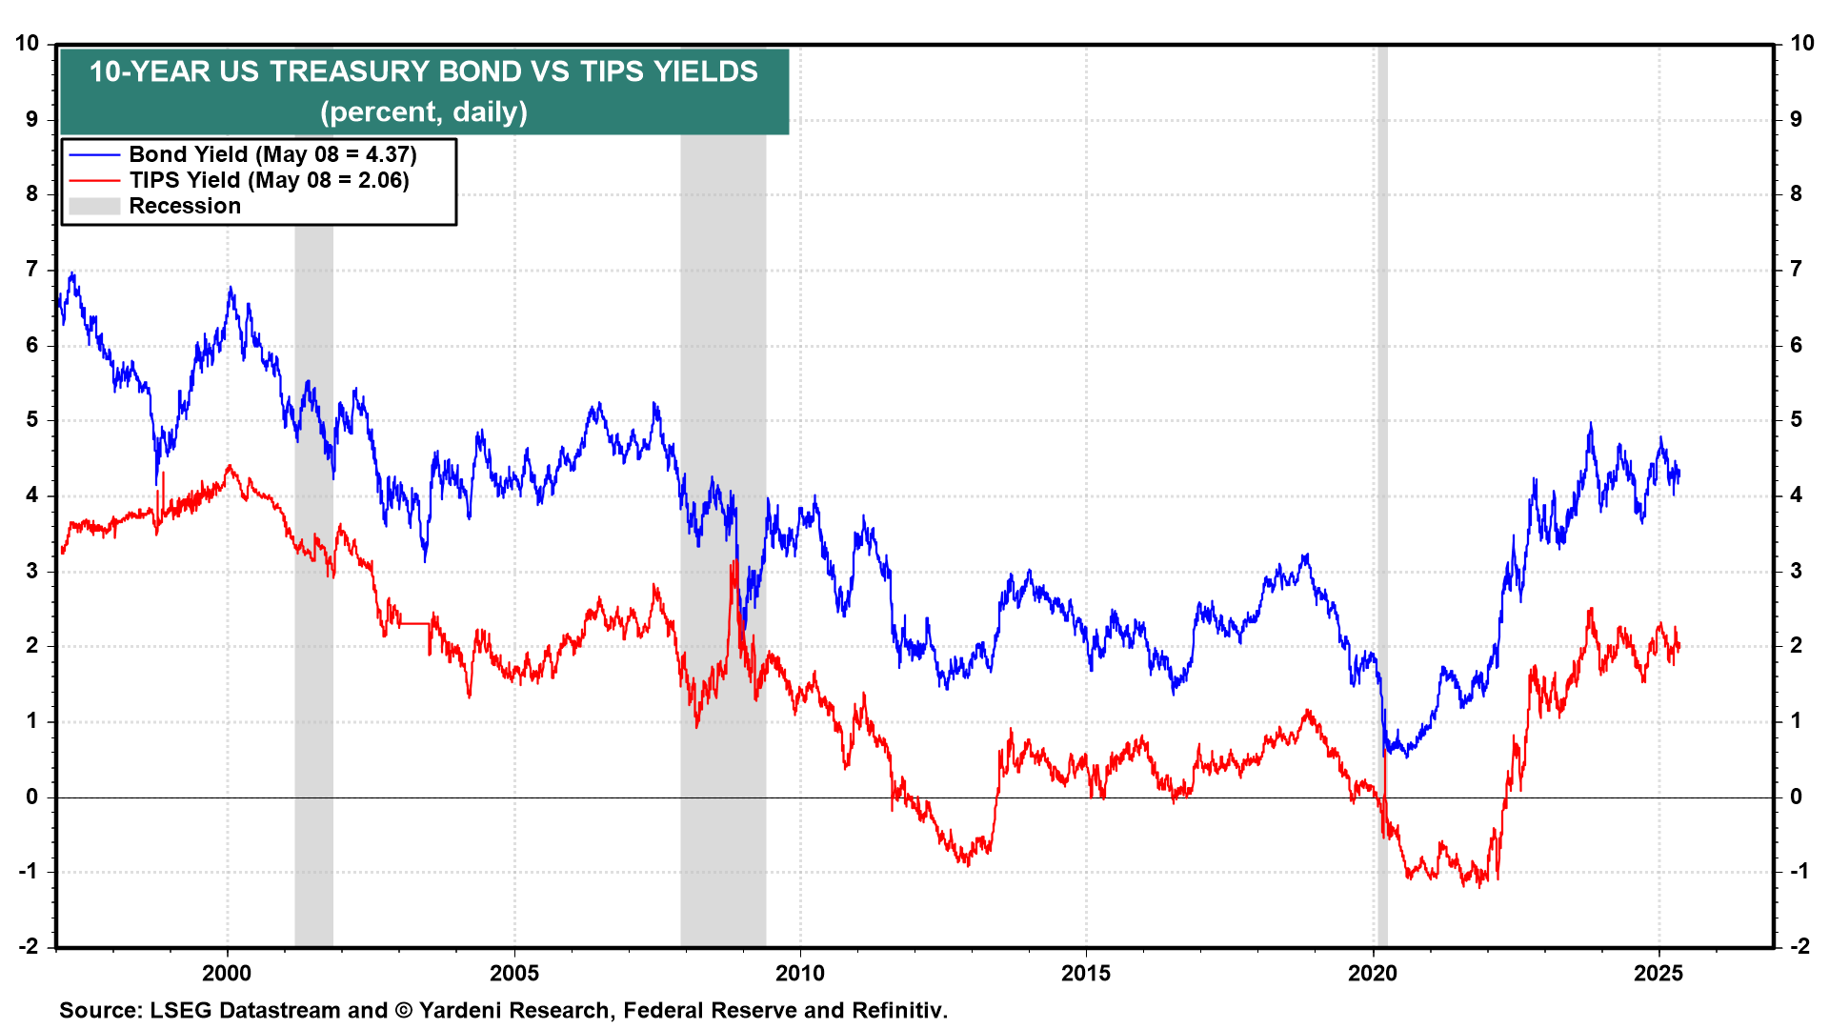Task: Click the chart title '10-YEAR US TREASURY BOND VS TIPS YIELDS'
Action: coord(424,72)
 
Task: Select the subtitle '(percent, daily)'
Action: coord(424,112)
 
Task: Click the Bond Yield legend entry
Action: coord(272,154)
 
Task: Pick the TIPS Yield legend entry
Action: coord(269,180)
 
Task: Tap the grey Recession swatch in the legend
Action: coord(94,206)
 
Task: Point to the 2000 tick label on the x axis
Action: coord(227,973)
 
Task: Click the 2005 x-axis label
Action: coord(514,973)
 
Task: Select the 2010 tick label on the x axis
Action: coord(800,973)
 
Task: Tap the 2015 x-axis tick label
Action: coord(1086,973)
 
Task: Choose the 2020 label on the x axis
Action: coord(1373,973)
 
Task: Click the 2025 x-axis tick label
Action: coord(1658,973)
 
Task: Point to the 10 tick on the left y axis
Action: coord(27,43)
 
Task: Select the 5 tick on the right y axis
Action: coord(1797,419)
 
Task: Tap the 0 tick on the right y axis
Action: coord(1797,797)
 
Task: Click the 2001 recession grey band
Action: coord(313,667)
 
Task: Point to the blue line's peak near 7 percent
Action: coord(71,273)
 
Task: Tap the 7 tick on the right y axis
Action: coord(1797,269)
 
